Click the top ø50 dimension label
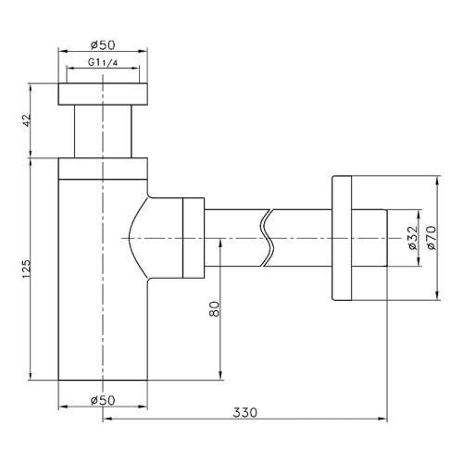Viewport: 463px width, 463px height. pyautogui.click(x=103, y=45)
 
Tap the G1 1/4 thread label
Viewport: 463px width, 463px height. pyautogui.click(x=103, y=63)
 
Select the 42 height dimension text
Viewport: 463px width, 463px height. pyautogui.click(x=26, y=120)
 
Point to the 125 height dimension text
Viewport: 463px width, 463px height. pyautogui.click(x=26, y=269)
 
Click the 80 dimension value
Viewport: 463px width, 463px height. pyautogui.click(x=214, y=309)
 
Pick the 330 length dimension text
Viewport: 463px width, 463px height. pyautogui.click(x=244, y=412)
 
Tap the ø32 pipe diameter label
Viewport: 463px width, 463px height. pyautogui.click(x=412, y=237)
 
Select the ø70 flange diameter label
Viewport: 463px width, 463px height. pyautogui.click(x=432, y=237)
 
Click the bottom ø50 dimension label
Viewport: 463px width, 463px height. pyautogui.click(x=103, y=400)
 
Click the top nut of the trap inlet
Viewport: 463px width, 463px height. pyautogui.click(x=103, y=94)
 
